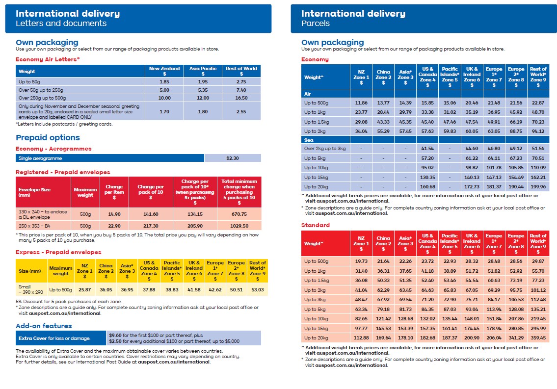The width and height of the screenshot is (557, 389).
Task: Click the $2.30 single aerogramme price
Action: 232,158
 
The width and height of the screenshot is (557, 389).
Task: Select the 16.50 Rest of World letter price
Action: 241,98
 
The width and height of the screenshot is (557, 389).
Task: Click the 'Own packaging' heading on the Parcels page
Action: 332,42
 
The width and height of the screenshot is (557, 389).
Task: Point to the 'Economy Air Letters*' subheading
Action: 48,59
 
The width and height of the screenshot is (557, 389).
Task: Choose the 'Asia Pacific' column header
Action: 202,71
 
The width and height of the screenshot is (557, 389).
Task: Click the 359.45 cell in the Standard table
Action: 538,337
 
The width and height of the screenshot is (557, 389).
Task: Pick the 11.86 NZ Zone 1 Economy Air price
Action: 361,103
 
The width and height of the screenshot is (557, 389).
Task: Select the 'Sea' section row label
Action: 309,140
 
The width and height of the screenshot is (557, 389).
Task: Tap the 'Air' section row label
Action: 308,93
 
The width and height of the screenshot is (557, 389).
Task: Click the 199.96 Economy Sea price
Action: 538,186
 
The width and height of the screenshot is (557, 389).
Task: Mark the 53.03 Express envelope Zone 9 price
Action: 257,290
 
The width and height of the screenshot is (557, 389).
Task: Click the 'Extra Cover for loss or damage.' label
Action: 54,338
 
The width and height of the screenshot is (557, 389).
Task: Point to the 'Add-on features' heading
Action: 44,326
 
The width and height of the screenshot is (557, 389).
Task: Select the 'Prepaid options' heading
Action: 48,137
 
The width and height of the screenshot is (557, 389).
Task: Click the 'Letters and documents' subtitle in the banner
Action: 61,23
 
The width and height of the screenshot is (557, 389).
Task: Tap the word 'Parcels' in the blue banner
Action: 316,23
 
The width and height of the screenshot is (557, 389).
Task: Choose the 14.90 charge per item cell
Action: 114,214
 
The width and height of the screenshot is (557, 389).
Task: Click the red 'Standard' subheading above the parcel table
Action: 316,225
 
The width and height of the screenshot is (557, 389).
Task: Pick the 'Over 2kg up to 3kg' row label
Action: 325,149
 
